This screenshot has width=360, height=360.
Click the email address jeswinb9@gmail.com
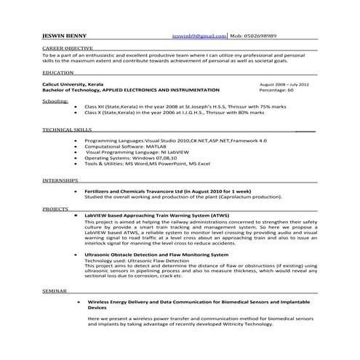199,35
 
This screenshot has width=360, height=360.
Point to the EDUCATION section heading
57,73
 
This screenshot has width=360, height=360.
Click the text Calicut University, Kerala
76,84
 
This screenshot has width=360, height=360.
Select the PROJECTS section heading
55,209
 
